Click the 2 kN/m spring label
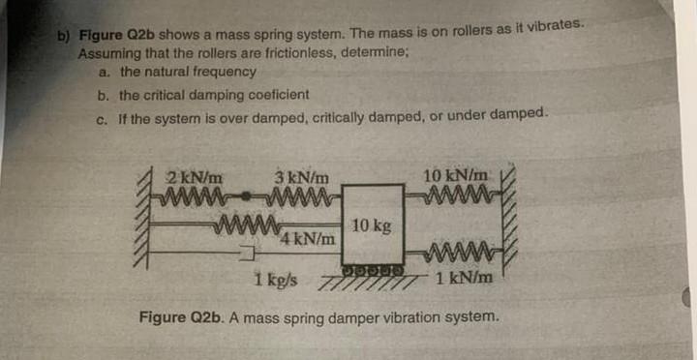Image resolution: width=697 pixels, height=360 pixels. [x=197, y=177]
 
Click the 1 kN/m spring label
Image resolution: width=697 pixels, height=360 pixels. [x=465, y=279]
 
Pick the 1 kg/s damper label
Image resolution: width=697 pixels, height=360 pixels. [x=277, y=281]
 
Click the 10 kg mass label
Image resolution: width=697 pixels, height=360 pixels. [x=372, y=225]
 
